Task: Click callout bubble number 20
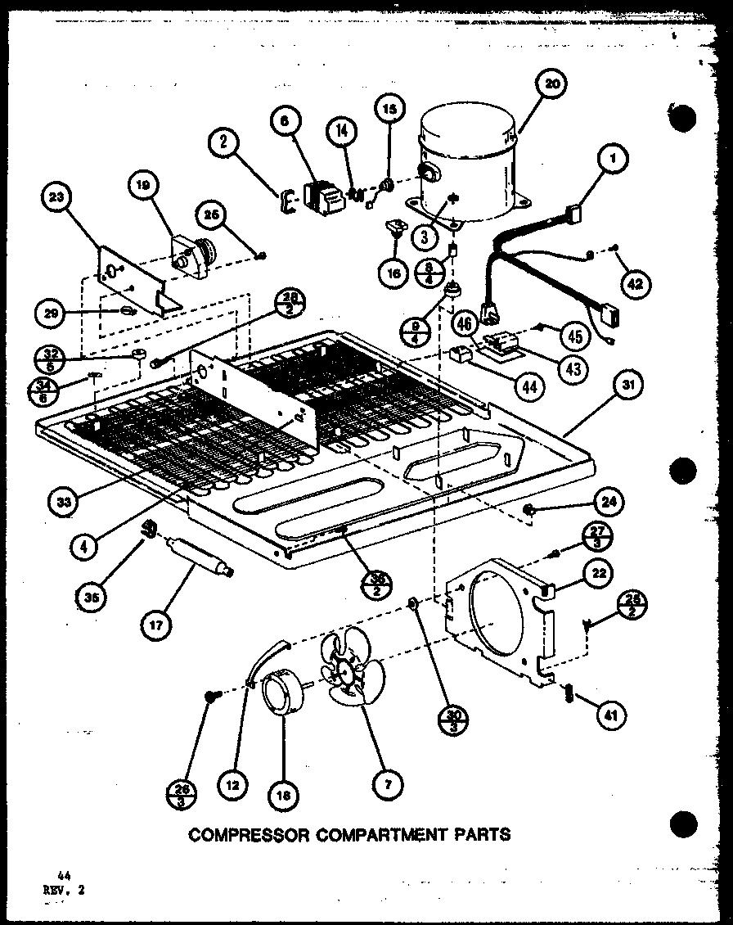553,84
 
